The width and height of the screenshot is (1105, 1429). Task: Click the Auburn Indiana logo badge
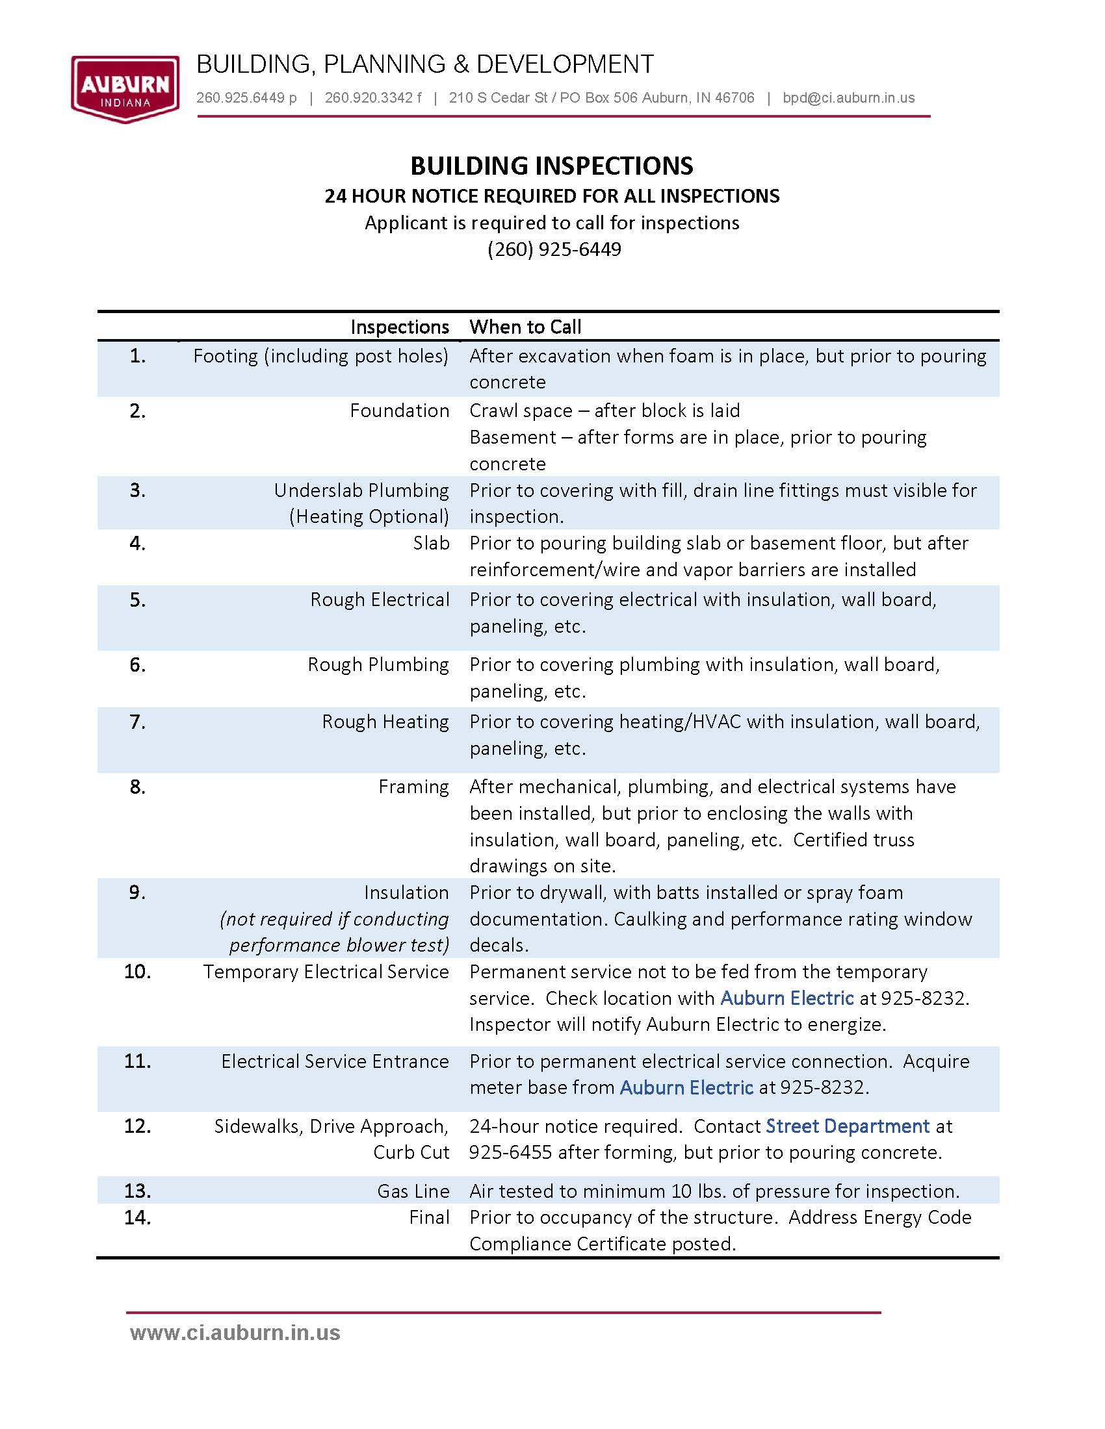point(124,88)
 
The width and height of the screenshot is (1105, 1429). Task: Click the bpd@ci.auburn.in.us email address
point(848,98)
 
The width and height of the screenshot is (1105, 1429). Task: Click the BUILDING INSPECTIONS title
point(551,166)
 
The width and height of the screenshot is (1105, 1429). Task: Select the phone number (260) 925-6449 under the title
point(554,249)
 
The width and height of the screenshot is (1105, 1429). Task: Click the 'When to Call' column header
point(525,327)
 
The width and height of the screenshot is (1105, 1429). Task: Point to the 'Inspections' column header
point(399,327)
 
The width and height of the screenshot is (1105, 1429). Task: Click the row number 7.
point(137,722)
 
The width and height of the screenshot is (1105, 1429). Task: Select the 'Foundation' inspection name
point(399,411)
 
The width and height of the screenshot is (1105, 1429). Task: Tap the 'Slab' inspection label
point(431,543)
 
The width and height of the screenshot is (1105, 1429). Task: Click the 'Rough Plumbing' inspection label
point(378,664)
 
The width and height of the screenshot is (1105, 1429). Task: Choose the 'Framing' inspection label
point(413,787)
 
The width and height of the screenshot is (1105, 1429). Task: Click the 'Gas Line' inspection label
point(413,1191)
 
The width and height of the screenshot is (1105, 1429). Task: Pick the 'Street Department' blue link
point(847,1126)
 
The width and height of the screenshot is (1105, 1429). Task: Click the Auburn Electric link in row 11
point(686,1087)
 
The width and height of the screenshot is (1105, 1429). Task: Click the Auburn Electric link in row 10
point(787,998)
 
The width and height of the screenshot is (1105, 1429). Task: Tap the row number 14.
point(137,1217)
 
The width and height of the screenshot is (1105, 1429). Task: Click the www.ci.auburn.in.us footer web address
point(235,1333)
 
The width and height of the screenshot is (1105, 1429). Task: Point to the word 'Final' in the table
point(429,1217)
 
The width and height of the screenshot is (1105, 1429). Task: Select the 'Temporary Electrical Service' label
point(326,972)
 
